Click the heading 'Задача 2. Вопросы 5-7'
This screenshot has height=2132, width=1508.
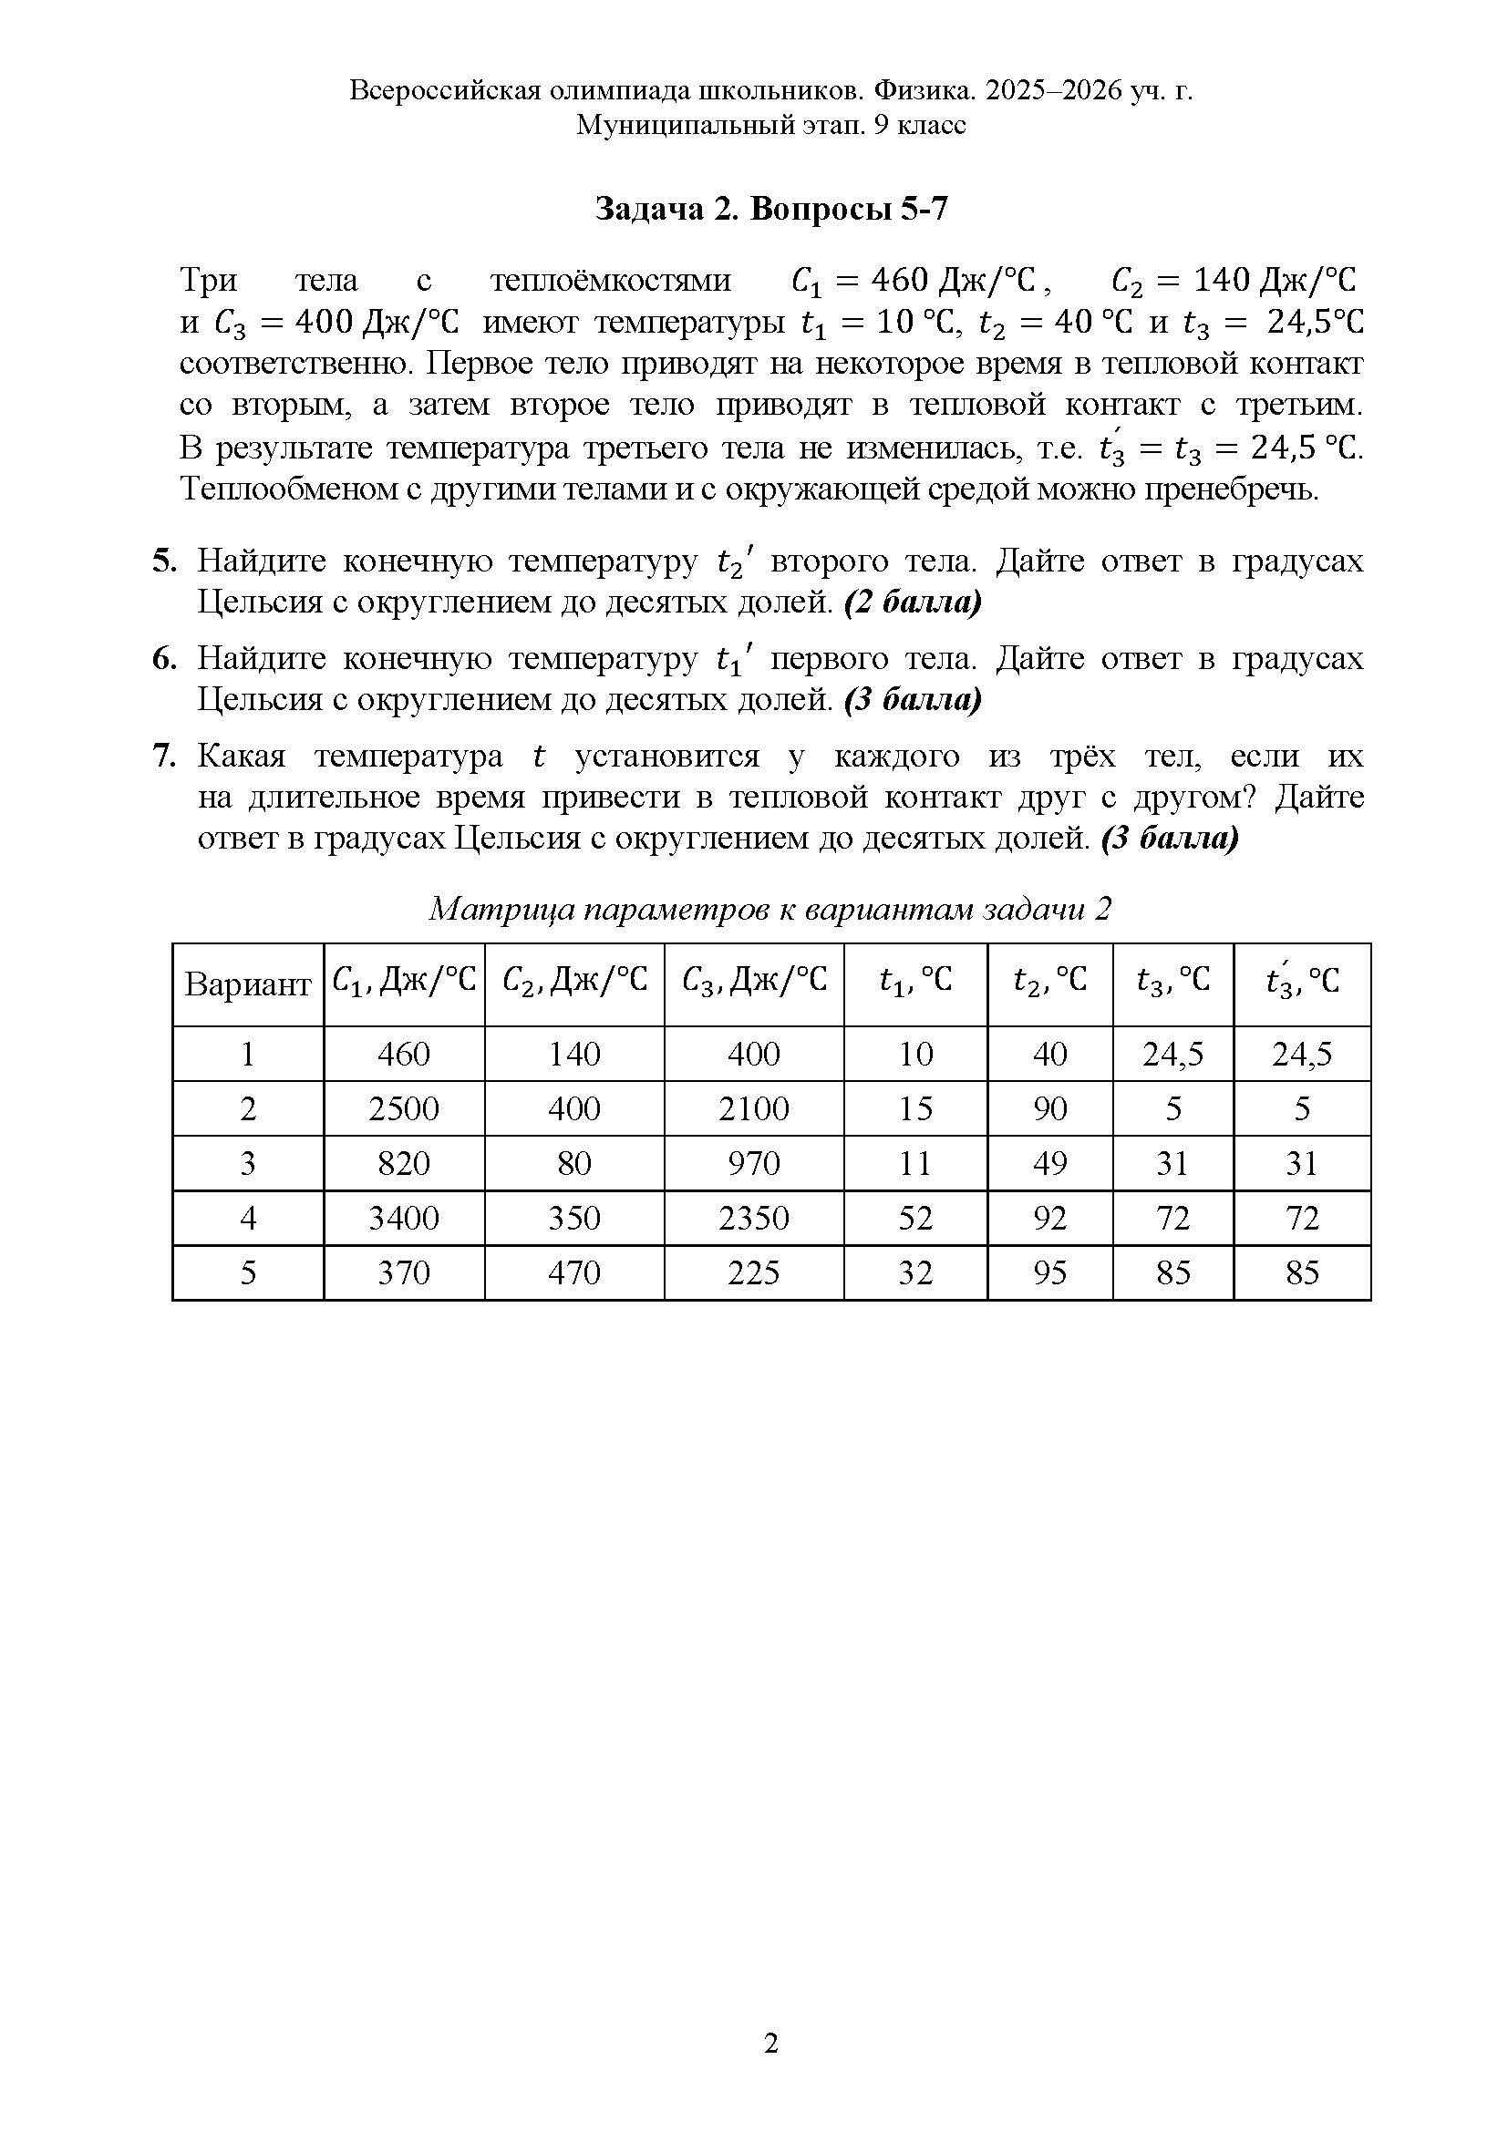[770, 210]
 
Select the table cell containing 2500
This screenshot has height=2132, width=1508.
[404, 1107]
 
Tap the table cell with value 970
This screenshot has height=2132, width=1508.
[753, 1162]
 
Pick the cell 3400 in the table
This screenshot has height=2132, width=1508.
[404, 1218]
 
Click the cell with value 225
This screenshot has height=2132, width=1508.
[753, 1272]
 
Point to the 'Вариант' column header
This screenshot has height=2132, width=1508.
[247, 984]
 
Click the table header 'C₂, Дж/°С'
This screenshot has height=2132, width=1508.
[573, 981]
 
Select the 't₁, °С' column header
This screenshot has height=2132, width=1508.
[914, 981]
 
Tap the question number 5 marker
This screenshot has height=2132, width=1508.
[164, 561]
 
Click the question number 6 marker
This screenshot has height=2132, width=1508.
[164, 658]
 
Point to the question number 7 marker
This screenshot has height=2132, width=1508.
[164, 757]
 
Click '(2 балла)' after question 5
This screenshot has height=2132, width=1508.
[912, 603]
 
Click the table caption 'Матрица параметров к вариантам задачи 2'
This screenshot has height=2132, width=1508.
[770, 908]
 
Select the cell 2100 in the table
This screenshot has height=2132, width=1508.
[753, 1107]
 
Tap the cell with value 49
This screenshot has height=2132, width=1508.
[1049, 1162]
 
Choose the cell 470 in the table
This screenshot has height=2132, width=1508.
[573, 1272]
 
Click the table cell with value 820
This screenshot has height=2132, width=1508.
[404, 1162]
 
